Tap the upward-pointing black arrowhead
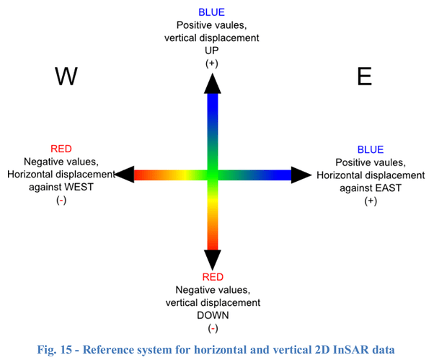click(211, 84)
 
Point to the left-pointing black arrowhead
click(125, 174)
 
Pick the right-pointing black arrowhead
click(301, 174)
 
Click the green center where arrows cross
click(211, 174)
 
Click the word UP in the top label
click(212, 51)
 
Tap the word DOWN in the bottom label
click(212, 315)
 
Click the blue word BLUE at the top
click(212, 12)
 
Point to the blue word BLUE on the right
click(371, 149)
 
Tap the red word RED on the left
click(61, 148)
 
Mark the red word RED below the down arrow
click(212, 276)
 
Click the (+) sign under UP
click(212, 63)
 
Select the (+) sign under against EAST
click(371, 200)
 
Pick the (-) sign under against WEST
click(61, 200)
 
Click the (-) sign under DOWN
click(212, 328)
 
